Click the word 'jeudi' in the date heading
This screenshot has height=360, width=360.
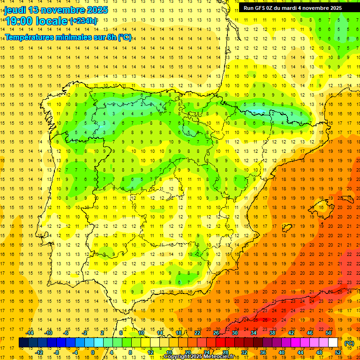coord(15,10)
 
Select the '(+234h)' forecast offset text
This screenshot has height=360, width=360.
coord(83,21)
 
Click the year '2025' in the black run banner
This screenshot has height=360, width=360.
coord(335,8)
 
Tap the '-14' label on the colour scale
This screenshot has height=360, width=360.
coord(30,333)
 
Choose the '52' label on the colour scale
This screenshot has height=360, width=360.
coord(338,352)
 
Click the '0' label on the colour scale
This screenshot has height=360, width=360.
coord(92,352)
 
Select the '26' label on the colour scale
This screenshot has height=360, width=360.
coord(216,333)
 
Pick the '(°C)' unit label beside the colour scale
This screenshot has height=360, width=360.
coord(349,343)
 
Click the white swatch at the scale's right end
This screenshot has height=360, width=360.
coord(333,343)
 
